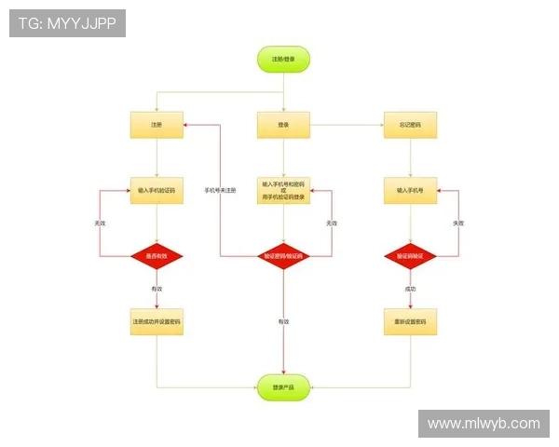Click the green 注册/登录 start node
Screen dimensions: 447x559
pyautogui.click(x=283, y=60)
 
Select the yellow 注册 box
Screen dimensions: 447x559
pyautogui.click(x=157, y=125)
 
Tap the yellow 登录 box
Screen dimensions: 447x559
pyautogui.click(x=283, y=125)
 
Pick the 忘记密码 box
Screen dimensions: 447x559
pyautogui.click(x=410, y=125)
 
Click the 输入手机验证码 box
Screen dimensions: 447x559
pyautogui.click(x=157, y=190)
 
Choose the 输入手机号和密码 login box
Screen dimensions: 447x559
pyautogui.click(x=283, y=190)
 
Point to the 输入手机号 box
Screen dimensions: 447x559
pyautogui.click(x=410, y=190)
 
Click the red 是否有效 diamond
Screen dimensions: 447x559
pyautogui.click(x=157, y=255)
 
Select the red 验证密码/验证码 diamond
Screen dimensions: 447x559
pyautogui.click(x=283, y=255)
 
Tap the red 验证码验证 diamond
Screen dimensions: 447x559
pyautogui.click(x=410, y=255)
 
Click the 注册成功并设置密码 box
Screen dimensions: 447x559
pyautogui.click(x=157, y=321)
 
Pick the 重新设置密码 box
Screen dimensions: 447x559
pyautogui.click(x=410, y=321)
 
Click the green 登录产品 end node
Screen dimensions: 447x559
pyautogui.click(x=283, y=386)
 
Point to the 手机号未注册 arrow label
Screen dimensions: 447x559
pyautogui.click(x=221, y=190)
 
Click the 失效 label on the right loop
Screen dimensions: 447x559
pyautogui.click(x=458, y=223)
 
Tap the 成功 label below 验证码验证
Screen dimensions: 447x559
pyautogui.click(x=410, y=290)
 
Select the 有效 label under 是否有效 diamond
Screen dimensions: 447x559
pyautogui.click(x=157, y=290)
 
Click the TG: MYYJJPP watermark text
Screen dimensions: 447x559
pyautogui.click(x=67, y=23)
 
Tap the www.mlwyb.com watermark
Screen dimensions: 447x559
pyautogui.click(x=484, y=424)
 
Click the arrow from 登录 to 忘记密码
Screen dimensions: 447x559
pyautogui.click(x=347, y=125)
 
